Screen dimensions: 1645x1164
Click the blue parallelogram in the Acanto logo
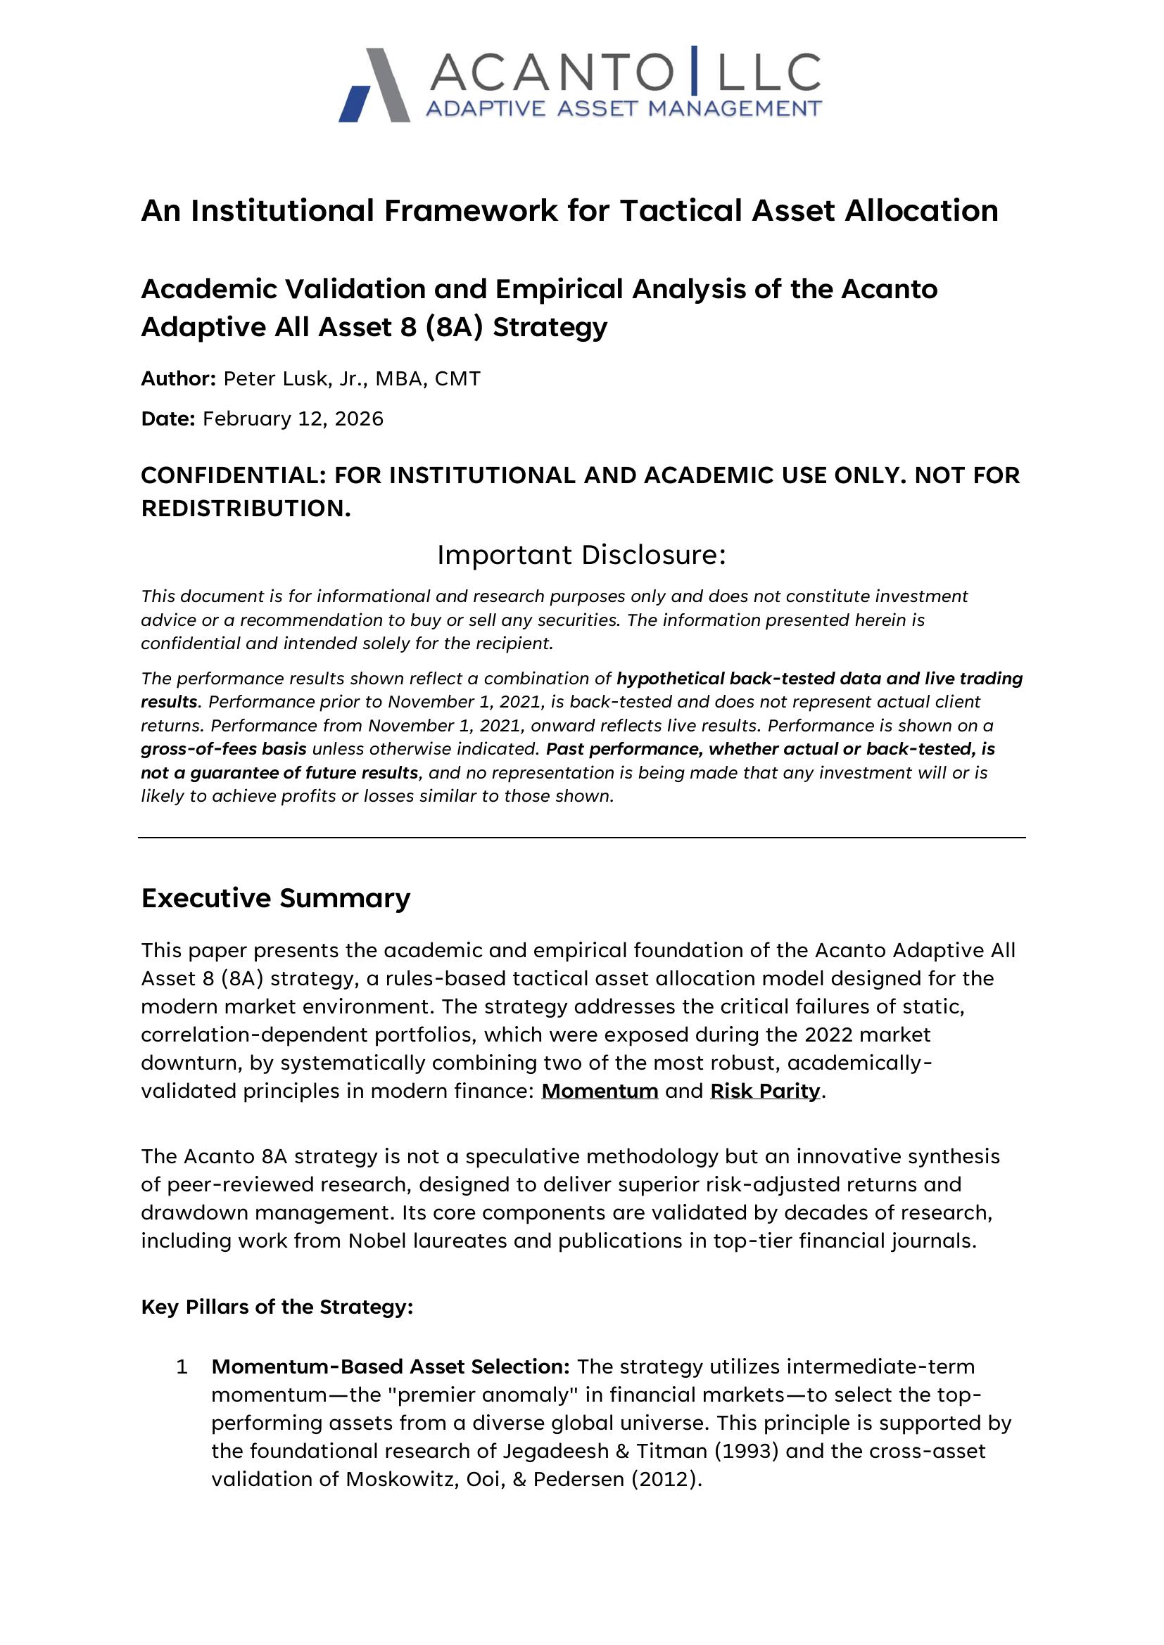click(x=355, y=105)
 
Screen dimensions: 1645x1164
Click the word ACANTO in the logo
click(x=552, y=72)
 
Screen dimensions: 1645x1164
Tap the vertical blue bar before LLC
click(x=693, y=70)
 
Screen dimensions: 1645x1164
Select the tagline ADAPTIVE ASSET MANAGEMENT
click(x=623, y=109)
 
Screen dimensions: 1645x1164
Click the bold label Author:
click(x=178, y=378)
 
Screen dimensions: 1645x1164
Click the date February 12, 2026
click(x=293, y=418)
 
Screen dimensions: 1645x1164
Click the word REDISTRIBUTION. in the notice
click(x=246, y=508)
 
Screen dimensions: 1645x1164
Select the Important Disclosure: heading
click(x=581, y=554)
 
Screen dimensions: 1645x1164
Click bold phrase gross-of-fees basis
click(x=224, y=749)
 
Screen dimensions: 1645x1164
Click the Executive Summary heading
click(x=275, y=897)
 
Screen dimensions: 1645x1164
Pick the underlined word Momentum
click(x=599, y=1091)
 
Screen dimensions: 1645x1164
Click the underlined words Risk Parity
click(x=765, y=1091)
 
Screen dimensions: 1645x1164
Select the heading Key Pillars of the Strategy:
click(x=277, y=1307)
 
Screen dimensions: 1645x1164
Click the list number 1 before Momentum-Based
click(x=182, y=1367)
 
